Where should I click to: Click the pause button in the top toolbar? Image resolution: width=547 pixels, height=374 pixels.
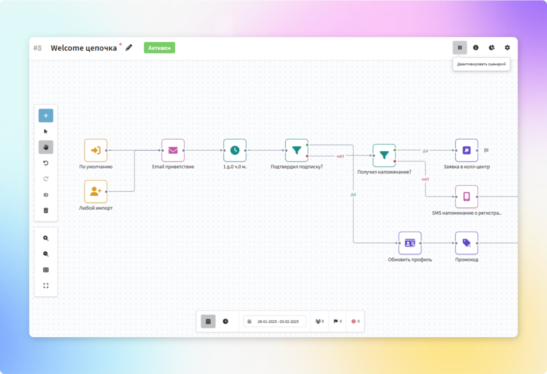point(460,47)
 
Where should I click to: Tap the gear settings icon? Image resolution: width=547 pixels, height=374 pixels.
point(507,47)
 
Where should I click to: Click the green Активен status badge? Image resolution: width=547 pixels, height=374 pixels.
point(160,48)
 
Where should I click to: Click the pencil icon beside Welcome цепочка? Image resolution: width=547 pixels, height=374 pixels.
point(129,47)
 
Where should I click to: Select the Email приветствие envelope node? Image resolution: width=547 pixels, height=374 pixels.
point(173,150)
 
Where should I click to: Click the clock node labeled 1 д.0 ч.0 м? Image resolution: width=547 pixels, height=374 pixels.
point(235,150)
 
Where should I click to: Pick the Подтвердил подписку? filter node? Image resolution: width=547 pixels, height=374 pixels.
point(297,150)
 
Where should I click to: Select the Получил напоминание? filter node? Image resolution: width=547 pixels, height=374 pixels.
point(384,155)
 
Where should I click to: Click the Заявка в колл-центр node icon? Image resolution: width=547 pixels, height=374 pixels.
point(467,150)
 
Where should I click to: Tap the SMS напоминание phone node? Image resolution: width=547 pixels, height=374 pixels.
point(467,196)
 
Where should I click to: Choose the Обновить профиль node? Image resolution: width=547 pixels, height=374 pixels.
point(410,243)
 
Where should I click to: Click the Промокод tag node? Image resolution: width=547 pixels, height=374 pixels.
point(467,243)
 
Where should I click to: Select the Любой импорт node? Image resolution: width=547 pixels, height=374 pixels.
point(96,191)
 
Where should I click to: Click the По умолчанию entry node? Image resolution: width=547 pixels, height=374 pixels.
point(96,150)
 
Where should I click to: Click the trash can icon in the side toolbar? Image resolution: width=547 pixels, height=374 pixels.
point(46,210)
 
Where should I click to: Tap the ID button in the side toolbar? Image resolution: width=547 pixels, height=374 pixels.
point(46,195)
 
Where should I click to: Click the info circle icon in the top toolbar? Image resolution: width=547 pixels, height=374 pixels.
point(476,47)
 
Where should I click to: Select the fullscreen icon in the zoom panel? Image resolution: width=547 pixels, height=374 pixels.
point(46,286)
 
